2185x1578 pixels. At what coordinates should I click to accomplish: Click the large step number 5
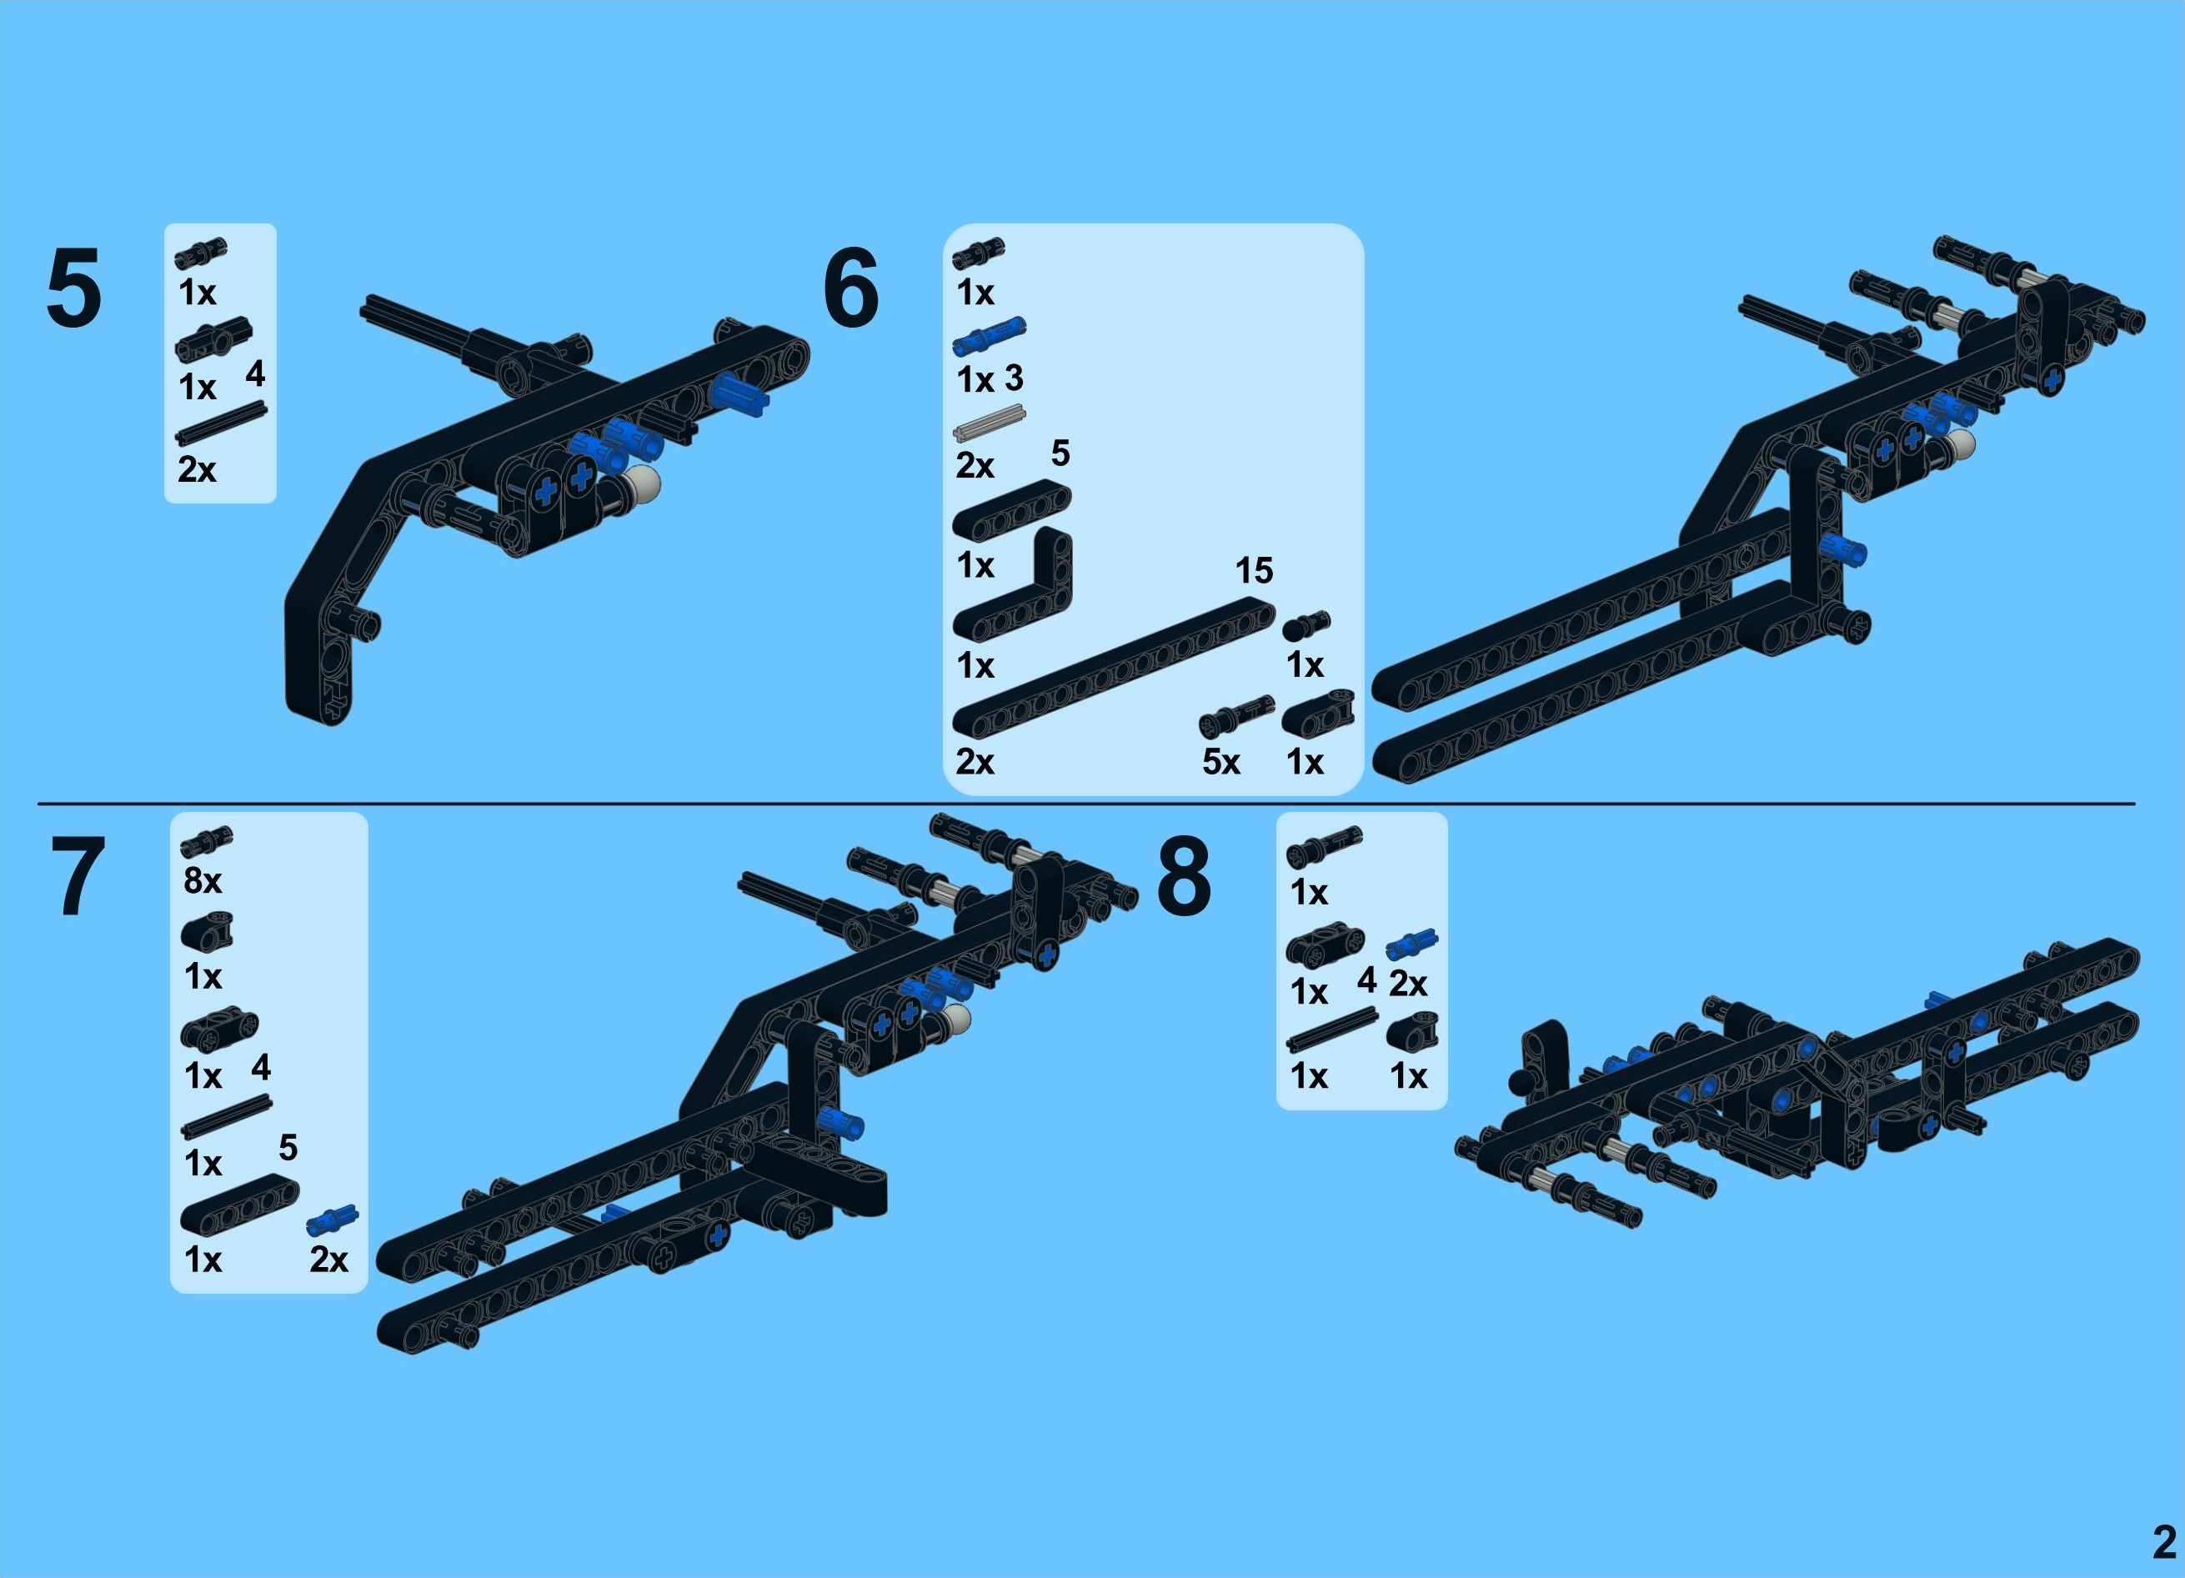73,287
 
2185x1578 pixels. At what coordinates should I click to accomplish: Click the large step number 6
850,287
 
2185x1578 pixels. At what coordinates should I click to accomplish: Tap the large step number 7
77,877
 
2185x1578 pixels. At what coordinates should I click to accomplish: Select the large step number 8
1183,877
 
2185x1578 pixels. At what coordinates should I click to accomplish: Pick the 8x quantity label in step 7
203,880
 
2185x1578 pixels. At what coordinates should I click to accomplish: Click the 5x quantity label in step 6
1220,762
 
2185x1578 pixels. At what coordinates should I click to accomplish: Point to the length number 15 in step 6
1255,570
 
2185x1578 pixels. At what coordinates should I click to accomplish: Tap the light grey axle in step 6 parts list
990,423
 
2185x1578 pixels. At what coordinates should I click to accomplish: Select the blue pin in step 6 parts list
990,336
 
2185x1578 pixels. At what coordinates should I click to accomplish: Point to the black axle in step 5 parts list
221,423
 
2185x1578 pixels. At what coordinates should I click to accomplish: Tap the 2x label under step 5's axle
197,469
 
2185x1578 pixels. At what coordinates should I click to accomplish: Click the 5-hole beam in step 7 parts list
240,1205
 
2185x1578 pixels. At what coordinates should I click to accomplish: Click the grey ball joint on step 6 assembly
1957,444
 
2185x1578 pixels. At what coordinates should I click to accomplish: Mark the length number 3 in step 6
1014,378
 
